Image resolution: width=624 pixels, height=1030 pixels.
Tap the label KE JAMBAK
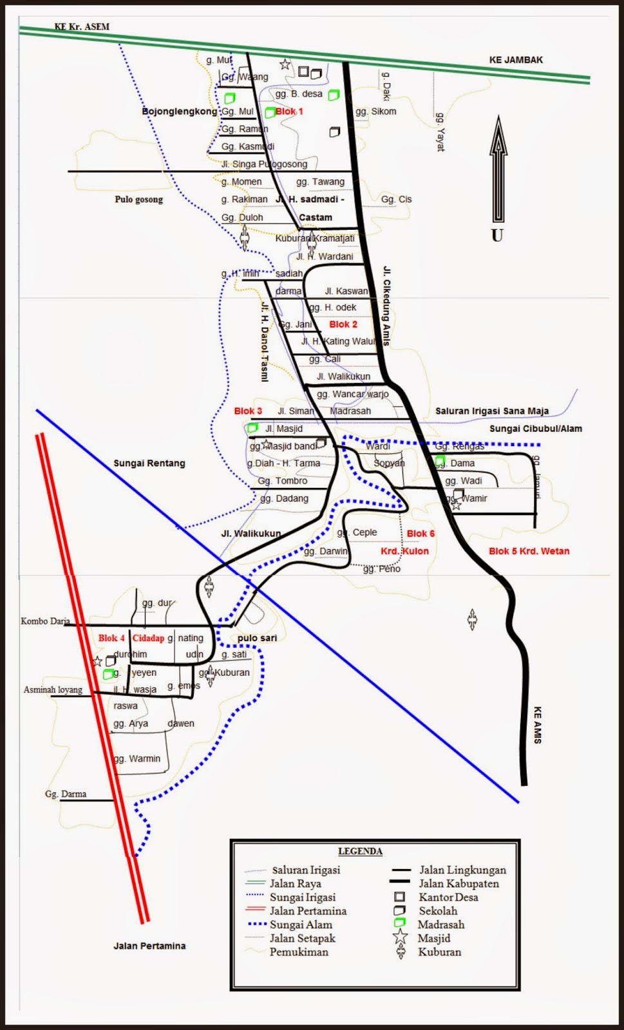(516, 60)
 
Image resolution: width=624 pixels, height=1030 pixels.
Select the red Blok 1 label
(289, 111)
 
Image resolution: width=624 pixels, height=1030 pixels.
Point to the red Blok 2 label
(343, 324)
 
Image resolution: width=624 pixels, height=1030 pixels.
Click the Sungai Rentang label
(149, 463)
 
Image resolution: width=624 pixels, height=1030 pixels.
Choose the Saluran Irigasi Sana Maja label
(492, 411)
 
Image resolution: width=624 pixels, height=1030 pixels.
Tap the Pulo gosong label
(139, 200)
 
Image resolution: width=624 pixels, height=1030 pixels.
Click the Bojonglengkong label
(180, 111)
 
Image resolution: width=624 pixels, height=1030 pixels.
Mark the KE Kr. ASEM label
(82, 26)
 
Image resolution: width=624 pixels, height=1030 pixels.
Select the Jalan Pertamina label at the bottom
(149, 946)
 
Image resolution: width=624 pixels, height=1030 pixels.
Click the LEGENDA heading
(360, 851)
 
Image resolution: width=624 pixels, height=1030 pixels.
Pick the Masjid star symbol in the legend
(401, 937)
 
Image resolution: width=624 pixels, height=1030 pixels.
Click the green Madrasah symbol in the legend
(400, 924)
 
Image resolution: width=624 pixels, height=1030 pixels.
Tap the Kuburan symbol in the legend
(401, 952)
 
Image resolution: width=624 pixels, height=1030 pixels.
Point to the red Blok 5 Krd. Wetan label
(529, 551)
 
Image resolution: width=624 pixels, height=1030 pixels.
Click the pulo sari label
(257, 638)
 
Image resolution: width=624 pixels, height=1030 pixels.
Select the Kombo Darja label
(45, 621)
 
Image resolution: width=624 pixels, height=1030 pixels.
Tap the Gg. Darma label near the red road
(66, 794)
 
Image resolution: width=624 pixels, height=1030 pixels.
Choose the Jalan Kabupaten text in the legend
(459, 884)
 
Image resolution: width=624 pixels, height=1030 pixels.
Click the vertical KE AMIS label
(538, 726)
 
